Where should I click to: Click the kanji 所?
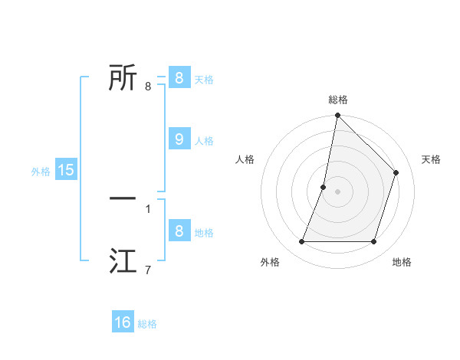coord(123,77)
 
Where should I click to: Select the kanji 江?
coord(123,261)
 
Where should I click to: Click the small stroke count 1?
coord(148,208)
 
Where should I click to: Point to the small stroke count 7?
coord(148,270)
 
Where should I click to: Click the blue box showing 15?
coord(66,170)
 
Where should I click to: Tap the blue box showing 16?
coord(123,322)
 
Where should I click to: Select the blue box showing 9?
coord(179,139)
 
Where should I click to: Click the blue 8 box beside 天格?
coord(179,77)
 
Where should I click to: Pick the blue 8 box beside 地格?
coord(179,231)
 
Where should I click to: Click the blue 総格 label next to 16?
coord(147,324)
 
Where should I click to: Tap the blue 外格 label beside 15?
coord(41,172)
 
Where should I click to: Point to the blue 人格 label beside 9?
coord(204,141)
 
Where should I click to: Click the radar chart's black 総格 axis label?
coord(338,100)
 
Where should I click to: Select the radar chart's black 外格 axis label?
coord(270,262)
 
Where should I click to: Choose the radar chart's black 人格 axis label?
coord(245,159)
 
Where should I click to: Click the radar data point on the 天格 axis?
coord(396,172)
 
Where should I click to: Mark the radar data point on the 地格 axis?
coord(373,241)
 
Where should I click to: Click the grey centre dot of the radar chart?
coord(338,191)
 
